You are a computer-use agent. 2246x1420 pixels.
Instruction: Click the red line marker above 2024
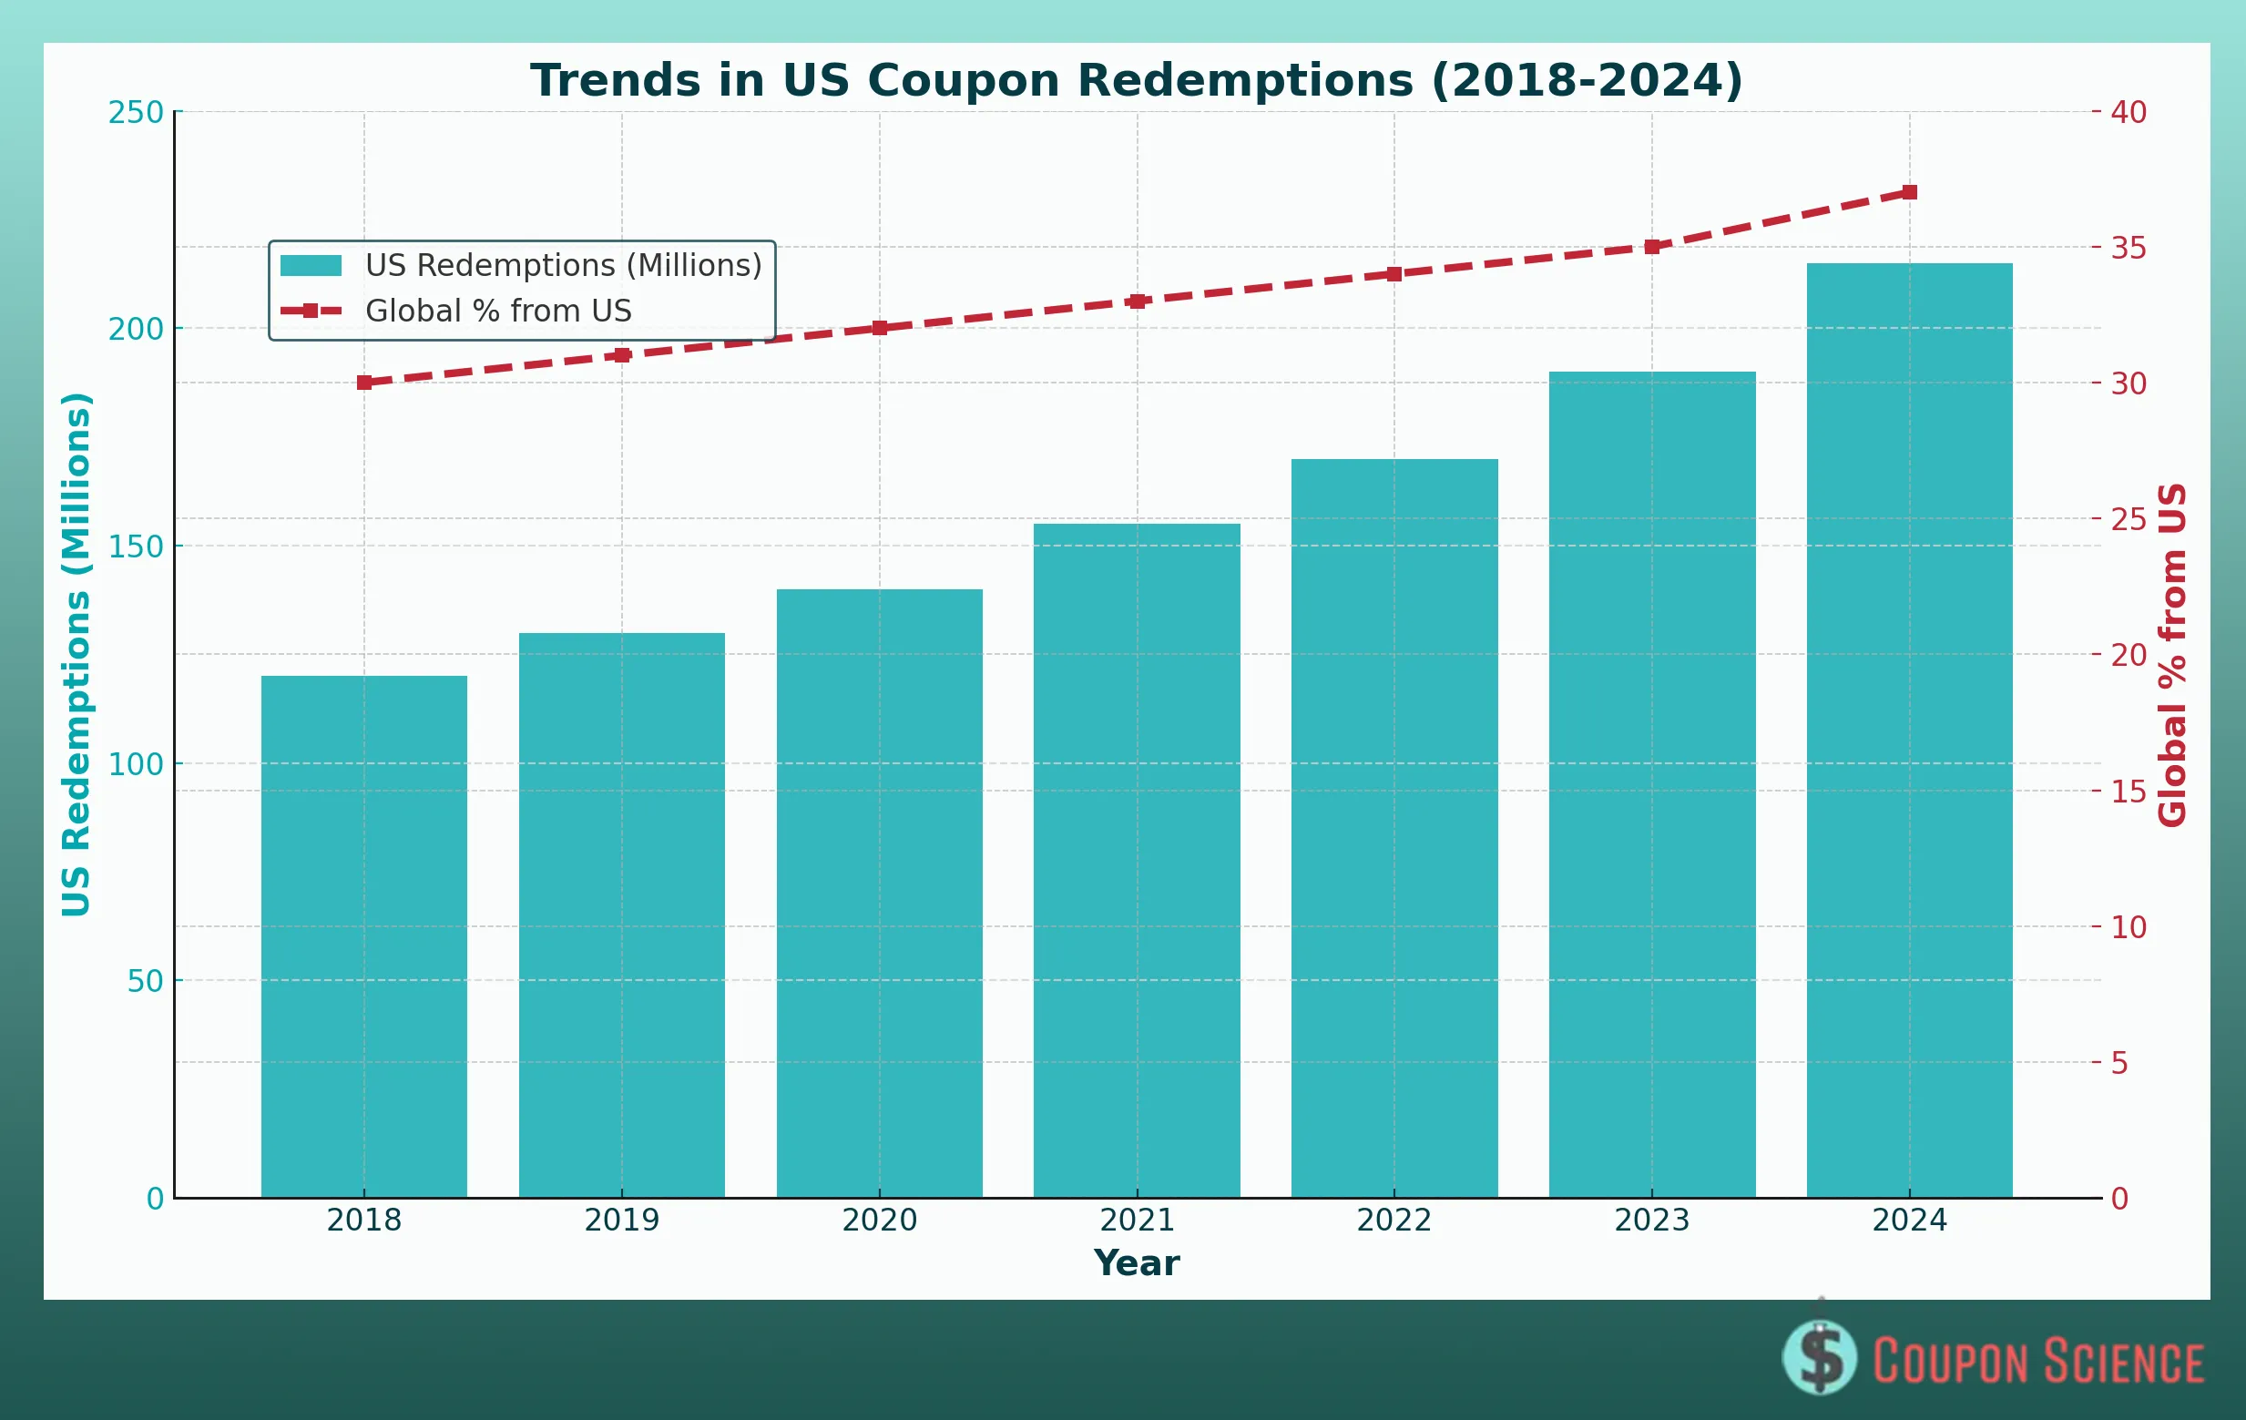[1909, 192]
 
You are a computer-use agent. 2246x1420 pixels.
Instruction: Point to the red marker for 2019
[622, 355]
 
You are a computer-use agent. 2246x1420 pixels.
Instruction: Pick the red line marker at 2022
[1394, 274]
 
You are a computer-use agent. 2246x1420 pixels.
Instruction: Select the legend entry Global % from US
[498, 311]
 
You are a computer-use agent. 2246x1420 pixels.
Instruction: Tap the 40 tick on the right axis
[2128, 113]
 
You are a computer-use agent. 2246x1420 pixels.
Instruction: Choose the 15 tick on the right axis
[2128, 792]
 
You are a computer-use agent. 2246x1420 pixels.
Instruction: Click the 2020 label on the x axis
[879, 1221]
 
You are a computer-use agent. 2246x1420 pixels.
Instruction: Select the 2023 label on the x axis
[1651, 1221]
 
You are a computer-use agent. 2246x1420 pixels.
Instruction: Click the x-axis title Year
[1136, 1263]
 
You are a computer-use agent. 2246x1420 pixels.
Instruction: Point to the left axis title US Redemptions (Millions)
[77, 654]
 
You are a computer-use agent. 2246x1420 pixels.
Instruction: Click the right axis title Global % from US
[2172, 654]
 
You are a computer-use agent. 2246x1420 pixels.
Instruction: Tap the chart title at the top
[1136, 80]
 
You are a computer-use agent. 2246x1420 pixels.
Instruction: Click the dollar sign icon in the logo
[1820, 1357]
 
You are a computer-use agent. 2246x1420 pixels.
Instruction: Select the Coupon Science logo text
[2038, 1361]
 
